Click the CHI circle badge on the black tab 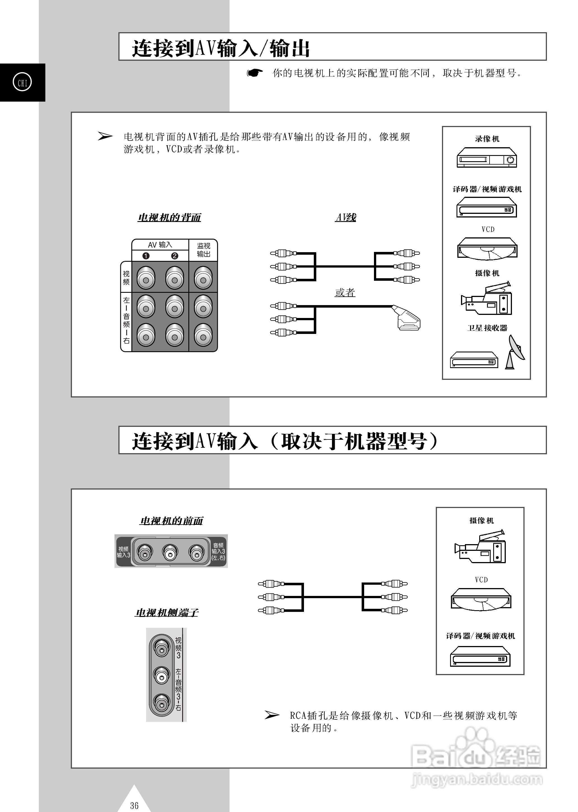click(x=22, y=83)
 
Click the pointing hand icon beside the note click(x=255, y=73)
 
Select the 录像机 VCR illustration click(x=486, y=157)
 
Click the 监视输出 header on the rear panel click(x=203, y=250)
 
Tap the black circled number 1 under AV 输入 click(x=146, y=256)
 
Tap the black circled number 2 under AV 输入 click(x=174, y=256)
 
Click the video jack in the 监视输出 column click(x=203, y=280)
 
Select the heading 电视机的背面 click(x=169, y=217)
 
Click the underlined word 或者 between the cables click(x=345, y=292)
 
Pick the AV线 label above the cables click(x=346, y=217)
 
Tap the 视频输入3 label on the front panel click(x=123, y=552)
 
